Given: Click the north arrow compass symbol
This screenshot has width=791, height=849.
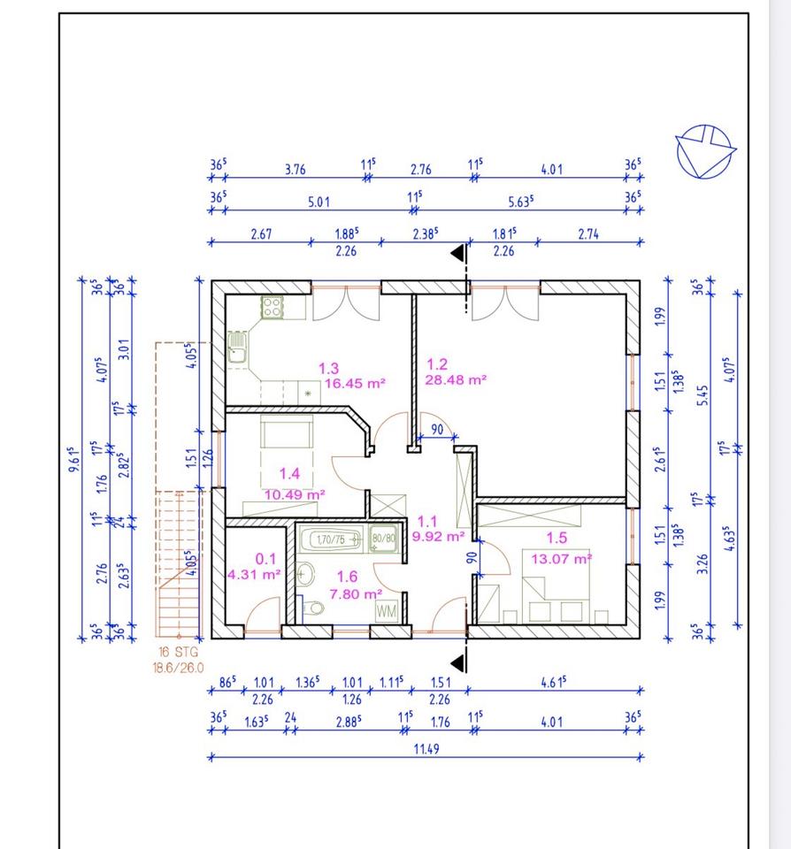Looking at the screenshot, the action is coord(705,151).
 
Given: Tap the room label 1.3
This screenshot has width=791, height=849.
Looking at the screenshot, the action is coord(328,369).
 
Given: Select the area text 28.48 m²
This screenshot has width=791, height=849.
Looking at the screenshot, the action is coord(455,379).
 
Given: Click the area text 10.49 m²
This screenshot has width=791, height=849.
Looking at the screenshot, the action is coord(294,494).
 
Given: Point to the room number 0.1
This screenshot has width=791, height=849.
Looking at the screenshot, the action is coord(265,559).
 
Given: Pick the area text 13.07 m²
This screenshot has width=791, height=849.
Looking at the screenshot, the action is coord(561,558).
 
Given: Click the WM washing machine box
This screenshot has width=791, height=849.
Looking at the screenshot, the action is coord(387,611).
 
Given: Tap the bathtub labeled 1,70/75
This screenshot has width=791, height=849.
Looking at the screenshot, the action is coord(331,539).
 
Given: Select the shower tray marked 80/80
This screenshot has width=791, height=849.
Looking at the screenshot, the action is coord(384,539).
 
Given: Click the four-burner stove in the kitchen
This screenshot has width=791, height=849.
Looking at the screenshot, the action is coord(272,307).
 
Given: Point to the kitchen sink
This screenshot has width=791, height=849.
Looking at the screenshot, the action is coord(237,347).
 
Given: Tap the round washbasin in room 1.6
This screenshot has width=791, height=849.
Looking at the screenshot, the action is coord(305,574).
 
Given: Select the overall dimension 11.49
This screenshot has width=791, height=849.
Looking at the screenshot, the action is coord(426,749).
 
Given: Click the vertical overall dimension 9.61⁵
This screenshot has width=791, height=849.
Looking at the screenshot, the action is coord(74,459).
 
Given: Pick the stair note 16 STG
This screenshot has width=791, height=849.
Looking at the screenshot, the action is coord(178,652).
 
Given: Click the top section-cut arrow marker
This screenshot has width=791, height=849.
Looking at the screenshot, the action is coord(459,253).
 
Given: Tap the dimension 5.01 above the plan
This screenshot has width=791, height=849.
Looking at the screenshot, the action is coord(319,202).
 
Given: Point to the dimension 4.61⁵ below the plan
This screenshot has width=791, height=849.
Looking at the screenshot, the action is coord(553,682).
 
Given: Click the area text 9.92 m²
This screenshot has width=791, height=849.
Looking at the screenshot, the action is coord(438,537).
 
